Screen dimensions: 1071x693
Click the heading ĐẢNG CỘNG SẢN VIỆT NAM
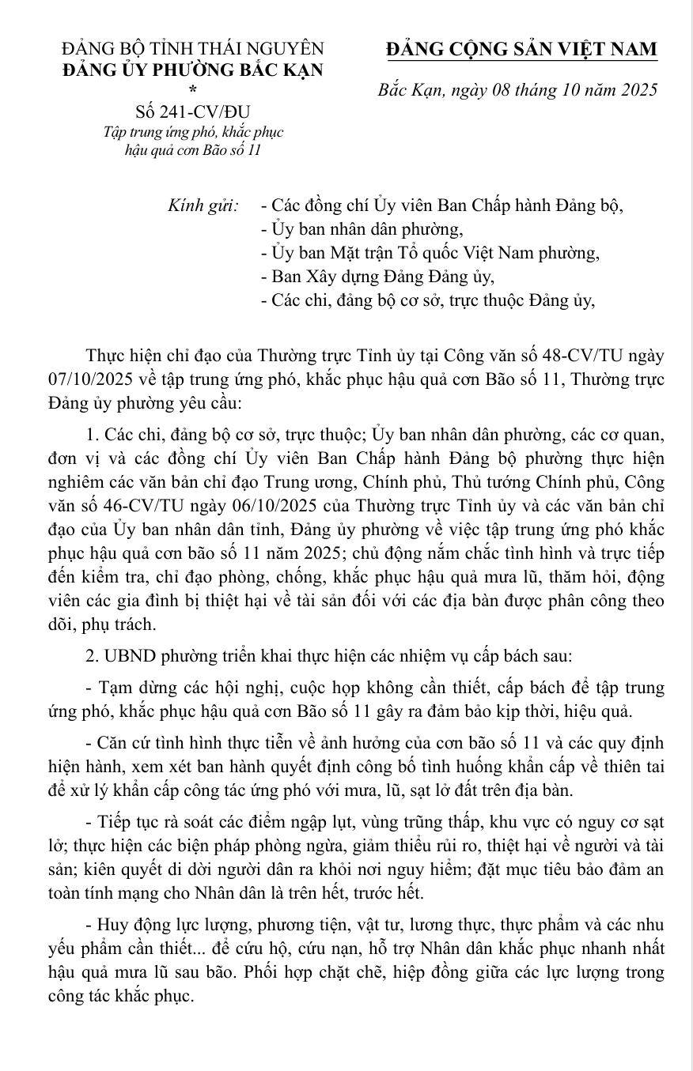(x=521, y=49)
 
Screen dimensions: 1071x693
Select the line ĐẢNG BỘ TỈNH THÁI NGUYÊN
(x=192, y=49)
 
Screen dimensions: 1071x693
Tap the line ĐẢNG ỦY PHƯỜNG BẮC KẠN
(x=192, y=70)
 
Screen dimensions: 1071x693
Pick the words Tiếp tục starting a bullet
(x=129, y=823)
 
